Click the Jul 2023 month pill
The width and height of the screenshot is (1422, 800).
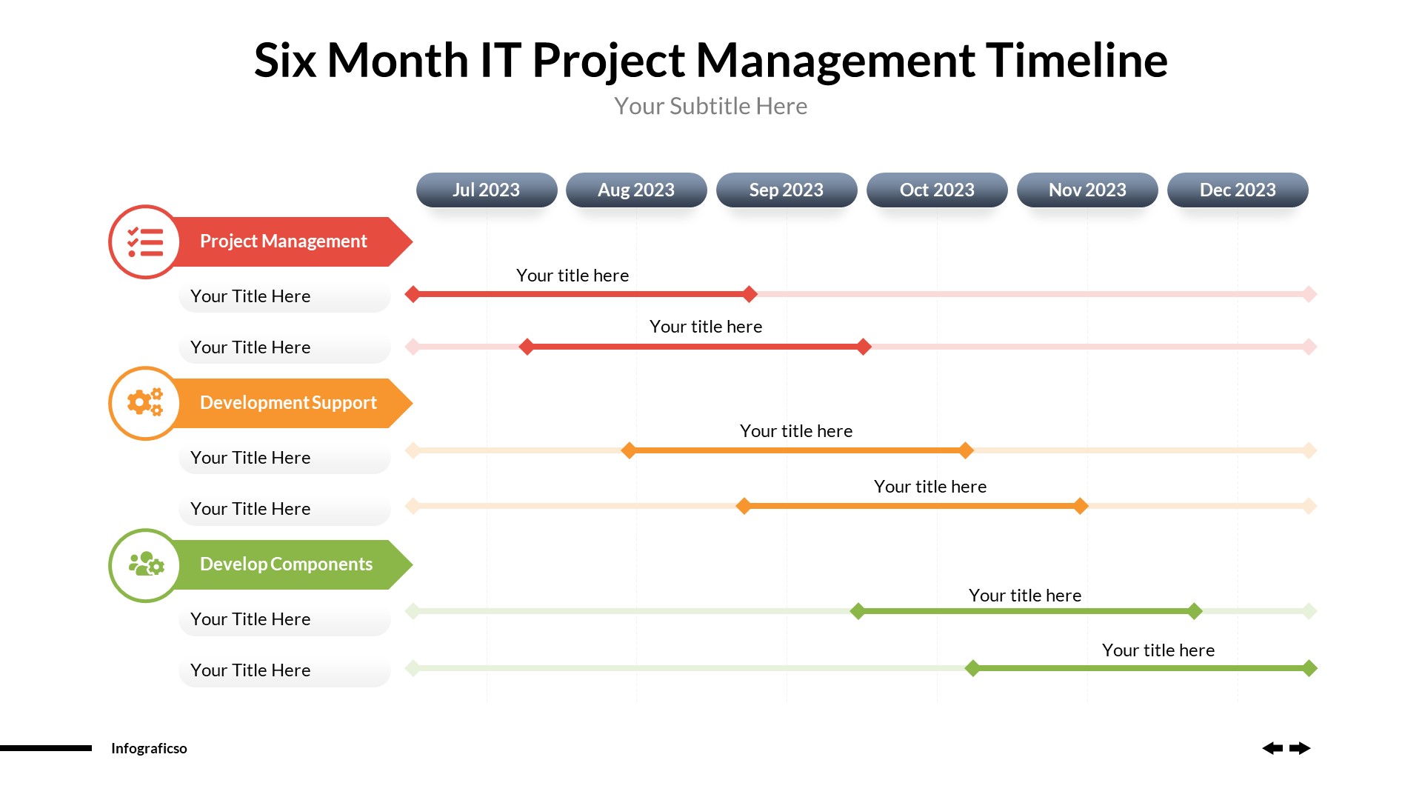487,190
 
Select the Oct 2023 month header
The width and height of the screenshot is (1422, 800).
937,190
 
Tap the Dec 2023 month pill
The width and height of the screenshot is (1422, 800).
1238,190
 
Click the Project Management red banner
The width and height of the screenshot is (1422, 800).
289,241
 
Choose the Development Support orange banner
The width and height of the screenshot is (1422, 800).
289,403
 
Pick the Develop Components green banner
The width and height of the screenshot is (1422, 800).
289,564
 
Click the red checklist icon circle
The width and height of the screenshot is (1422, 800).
145,242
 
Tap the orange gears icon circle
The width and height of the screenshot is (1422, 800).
145,403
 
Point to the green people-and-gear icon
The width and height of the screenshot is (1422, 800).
145,564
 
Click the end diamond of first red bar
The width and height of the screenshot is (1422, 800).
750,294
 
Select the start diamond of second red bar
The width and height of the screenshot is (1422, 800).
527,347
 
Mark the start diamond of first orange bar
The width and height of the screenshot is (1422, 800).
629,450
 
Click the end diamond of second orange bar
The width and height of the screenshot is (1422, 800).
1081,506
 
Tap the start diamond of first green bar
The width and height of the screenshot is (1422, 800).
858,611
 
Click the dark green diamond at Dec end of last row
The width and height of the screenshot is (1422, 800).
1309,668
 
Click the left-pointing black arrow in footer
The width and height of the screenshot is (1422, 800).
1272,748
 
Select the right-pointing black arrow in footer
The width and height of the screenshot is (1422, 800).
1300,748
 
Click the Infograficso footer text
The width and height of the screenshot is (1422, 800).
149,748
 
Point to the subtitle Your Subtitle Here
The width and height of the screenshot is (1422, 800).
710,106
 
